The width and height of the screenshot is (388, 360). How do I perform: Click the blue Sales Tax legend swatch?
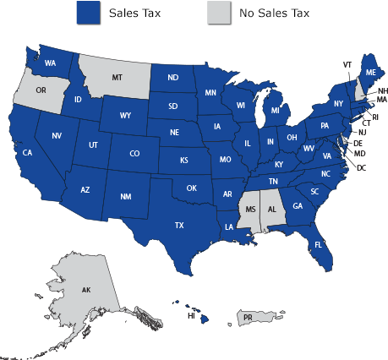pos(88,14)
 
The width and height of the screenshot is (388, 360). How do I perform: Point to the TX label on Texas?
pos(179,226)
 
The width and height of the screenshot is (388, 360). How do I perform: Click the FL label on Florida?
pos(320,244)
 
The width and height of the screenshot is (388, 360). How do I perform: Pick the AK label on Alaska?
pos(86,290)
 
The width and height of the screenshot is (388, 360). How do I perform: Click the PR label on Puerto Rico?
pos(249,317)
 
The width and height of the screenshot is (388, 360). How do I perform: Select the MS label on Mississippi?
pos(249,207)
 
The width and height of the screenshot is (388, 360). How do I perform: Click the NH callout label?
pos(382,90)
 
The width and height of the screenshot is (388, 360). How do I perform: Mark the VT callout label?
pos(347,64)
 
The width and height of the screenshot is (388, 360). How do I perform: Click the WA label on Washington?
pos(51,63)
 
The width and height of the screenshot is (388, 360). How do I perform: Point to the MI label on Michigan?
pos(275,109)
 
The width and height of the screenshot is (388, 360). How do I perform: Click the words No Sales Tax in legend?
pos(274,14)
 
